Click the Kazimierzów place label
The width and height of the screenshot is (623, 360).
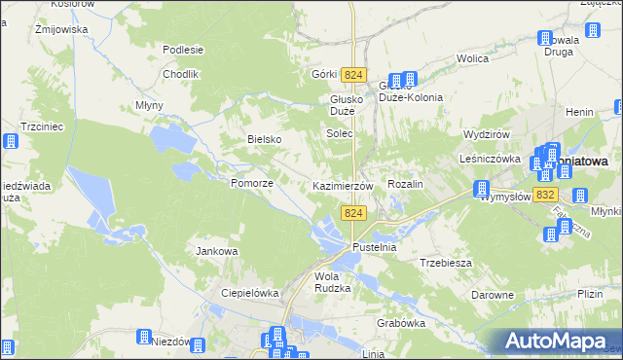(x=343, y=185)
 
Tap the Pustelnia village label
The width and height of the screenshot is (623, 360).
(x=376, y=248)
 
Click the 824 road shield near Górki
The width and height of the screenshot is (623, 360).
(x=354, y=75)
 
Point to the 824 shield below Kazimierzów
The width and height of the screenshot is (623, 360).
(x=353, y=213)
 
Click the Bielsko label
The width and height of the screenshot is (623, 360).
(x=264, y=139)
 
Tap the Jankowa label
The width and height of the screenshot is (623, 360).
(x=217, y=251)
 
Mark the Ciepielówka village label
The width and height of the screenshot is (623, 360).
(x=250, y=292)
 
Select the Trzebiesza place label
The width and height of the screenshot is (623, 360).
(x=446, y=263)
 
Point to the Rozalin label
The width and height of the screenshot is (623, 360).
(x=406, y=184)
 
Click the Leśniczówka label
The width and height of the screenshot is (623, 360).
(x=492, y=158)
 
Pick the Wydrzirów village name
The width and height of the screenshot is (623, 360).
(x=488, y=133)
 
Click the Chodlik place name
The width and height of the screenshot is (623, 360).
(x=181, y=74)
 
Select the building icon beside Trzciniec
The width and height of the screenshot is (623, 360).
(x=11, y=141)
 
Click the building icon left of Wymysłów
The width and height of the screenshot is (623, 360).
(x=481, y=189)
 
